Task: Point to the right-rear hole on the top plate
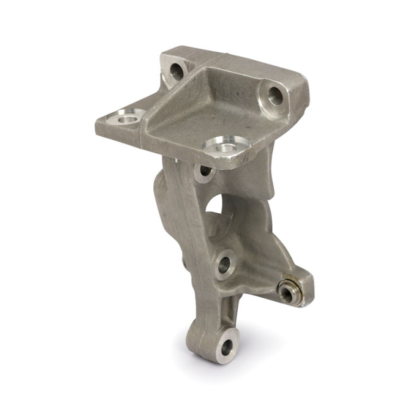[275, 96]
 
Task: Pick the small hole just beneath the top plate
[204, 172]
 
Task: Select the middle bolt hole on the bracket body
[224, 265]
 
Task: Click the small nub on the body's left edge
[183, 262]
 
